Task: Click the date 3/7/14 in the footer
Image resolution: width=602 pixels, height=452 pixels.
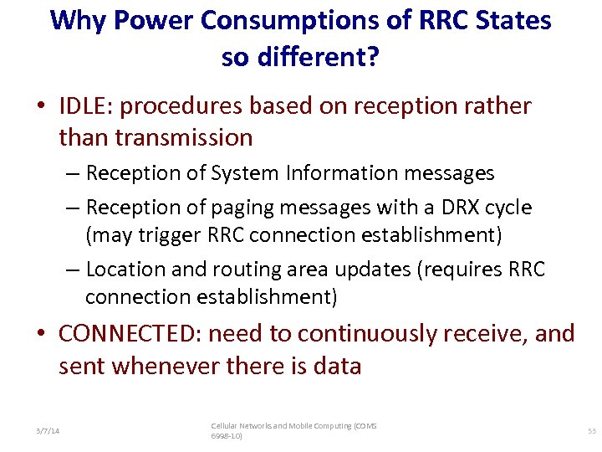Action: (48, 430)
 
